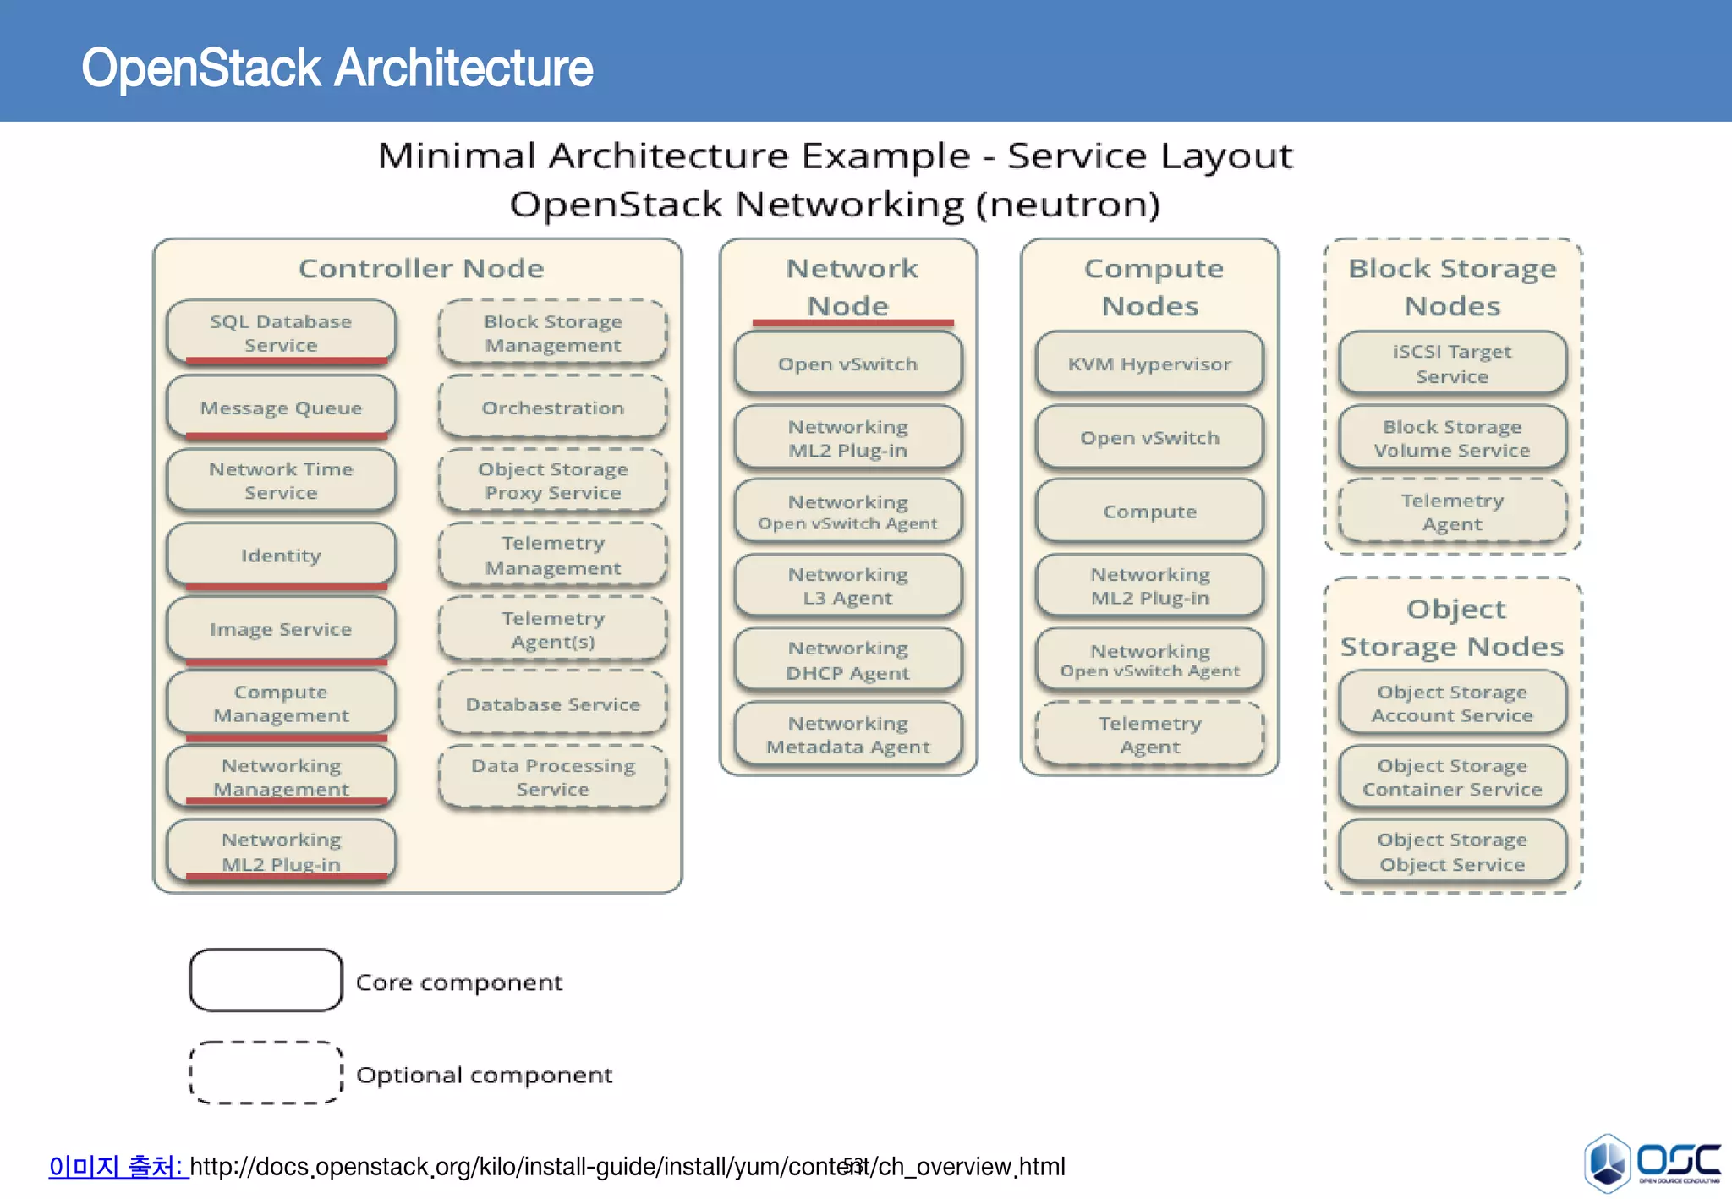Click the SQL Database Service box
[281, 332]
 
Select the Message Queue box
[281, 408]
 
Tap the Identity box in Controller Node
[281, 555]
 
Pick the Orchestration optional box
[552, 408]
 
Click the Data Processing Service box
[552, 776]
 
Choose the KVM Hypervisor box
[1149, 364]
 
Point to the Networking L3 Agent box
[847, 585]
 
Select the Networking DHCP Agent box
[847, 660]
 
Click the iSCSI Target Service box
[1451, 364]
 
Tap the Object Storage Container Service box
[1451, 776]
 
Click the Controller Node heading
[421, 268]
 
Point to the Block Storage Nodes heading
[1451, 286]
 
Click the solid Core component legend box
[266, 980]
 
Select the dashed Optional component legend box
[266, 1072]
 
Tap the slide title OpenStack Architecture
[337, 68]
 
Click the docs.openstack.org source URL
[626, 1167]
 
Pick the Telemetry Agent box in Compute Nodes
[1149, 734]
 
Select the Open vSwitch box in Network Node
[847, 364]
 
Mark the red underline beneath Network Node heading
[852, 322]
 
